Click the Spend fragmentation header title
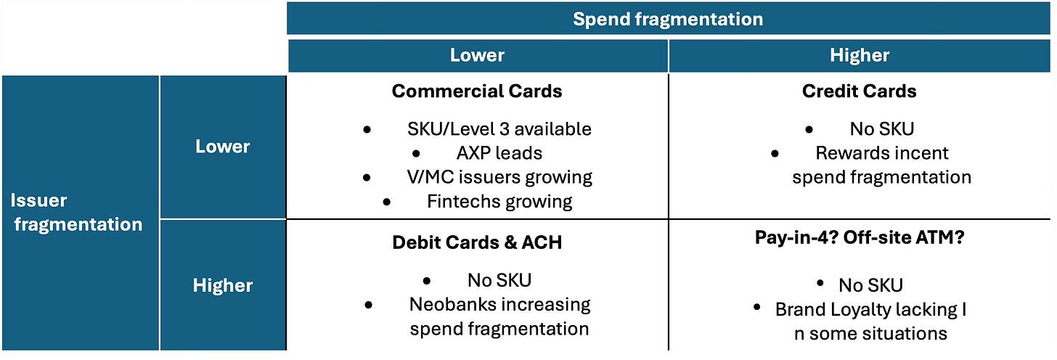[x=668, y=20]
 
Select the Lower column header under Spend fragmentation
[x=477, y=55]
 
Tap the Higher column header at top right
[x=860, y=56]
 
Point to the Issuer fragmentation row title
[x=76, y=213]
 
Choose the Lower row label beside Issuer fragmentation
[x=222, y=147]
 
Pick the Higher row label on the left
[x=223, y=285]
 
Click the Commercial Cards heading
[x=477, y=91]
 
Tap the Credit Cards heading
[x=860, y=91]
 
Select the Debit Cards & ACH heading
[x=477, y=242]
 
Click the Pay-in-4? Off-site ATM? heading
[x=860, y=237]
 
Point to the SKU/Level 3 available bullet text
[x=499, y=128]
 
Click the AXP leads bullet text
[x=499, y=153]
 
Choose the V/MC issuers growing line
[x=499, y=177]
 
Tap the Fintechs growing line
[x=499, y=202]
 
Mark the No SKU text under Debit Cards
[x=499, y=280]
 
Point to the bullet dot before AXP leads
[x=416, y=153]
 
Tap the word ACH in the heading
[x=542, y=242]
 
